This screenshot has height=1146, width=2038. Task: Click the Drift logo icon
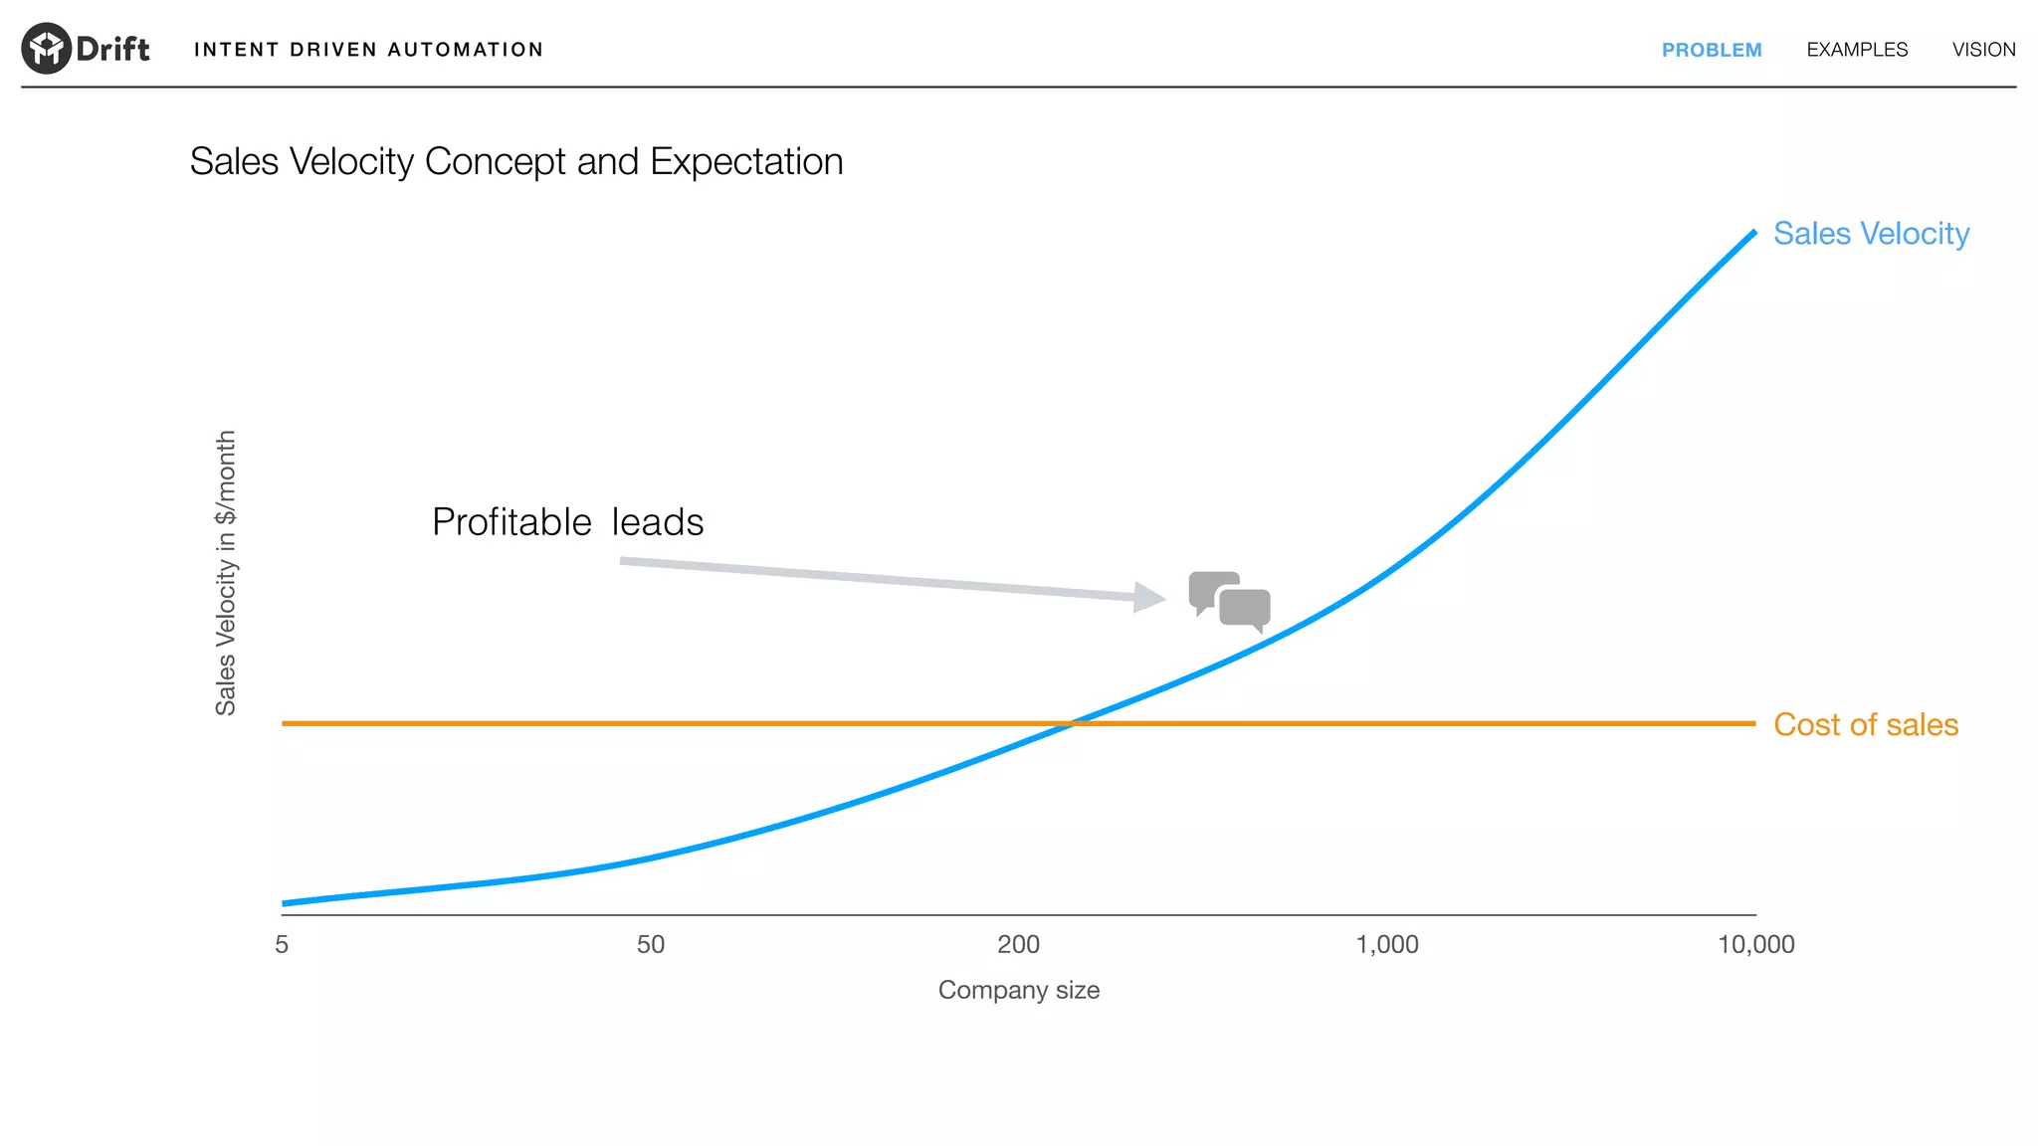(x=46, y=48)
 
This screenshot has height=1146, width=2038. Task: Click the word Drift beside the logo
(x=112, y=49)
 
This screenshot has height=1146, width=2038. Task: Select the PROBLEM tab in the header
(x=1711, y=50)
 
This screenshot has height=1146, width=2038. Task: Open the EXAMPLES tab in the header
(x=1857, y=50)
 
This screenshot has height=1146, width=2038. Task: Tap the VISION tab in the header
(x=1983, y=50)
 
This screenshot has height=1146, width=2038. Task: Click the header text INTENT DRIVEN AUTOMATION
(x=368, y=50)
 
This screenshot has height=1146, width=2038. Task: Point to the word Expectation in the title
(x=746, y=162)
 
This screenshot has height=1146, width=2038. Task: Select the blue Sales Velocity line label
(x=1871, y=234)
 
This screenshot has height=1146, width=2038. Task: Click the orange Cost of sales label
(x=1866, y=725)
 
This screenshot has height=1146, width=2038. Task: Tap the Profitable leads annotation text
(x=567, y=522)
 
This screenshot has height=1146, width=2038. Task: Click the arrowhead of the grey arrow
(x=1151, y=597)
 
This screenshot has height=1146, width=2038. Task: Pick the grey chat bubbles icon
(x=1229, y=601)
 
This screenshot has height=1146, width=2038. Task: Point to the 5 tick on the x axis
(x=282, y=944)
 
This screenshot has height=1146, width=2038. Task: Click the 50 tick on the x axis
(x=651, y=944)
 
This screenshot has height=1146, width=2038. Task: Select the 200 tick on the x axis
(x=1018, y=944)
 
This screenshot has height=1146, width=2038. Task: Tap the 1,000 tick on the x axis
(x=1387, y=944)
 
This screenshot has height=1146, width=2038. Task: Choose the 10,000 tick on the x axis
(x=1755, y=944)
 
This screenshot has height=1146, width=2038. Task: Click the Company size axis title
(x=1018, y=990)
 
